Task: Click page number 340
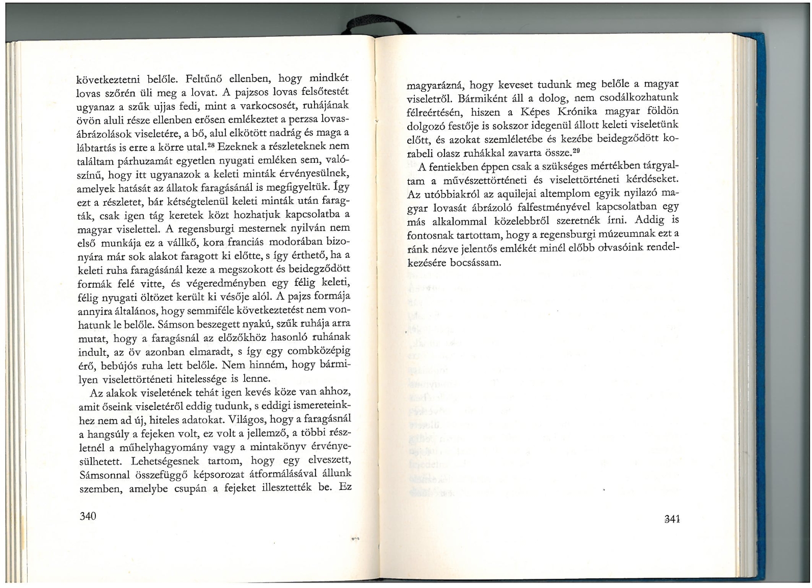coord(88,516)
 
